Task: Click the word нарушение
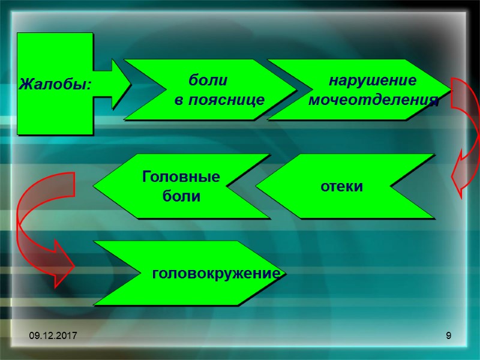[x=373, y=80]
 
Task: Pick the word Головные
[x=181, y=177]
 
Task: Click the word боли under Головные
[x=181, y=196]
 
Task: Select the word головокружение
[x=217, y=274]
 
